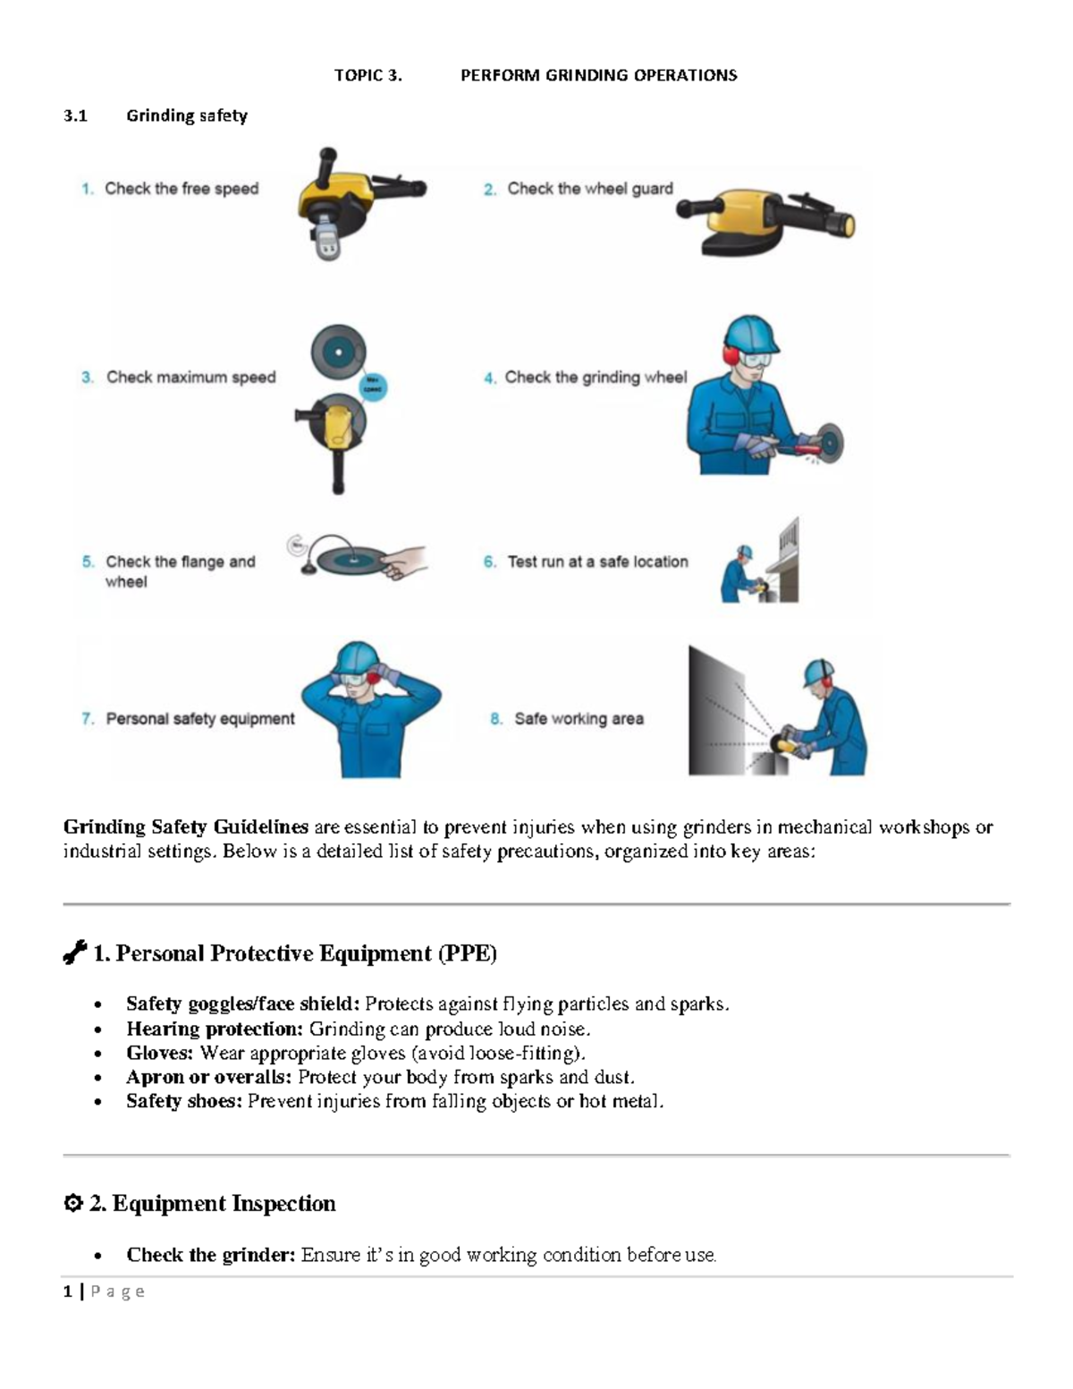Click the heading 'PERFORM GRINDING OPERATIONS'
coord(598,75)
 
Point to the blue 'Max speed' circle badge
coord(372,386)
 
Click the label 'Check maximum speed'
coord(190,377)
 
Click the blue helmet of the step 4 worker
coord(749,333)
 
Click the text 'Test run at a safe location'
coord(597,562)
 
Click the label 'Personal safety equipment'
coord(199,719)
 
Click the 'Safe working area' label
coord(579,719)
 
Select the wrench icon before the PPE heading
coord(74,953)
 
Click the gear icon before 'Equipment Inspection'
coord(73,1204)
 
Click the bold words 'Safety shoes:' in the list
coord(184,1101)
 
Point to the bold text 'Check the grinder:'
coord(210,1255)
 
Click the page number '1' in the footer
coord(67,1292)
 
